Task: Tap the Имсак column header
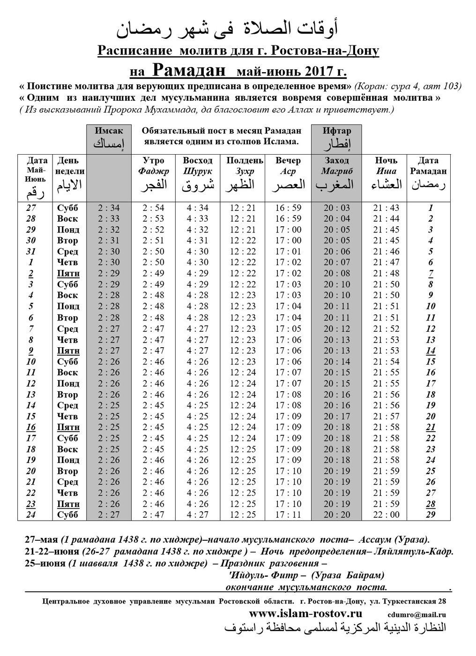tap(109, 131)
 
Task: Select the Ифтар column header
tap(337, 131)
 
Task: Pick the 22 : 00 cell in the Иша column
tap(386, 515)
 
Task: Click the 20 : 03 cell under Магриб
tap(337, 208)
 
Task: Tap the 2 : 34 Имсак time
tap(109, 208)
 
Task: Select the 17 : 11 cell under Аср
tap(288, 515)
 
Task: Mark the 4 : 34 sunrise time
tap(198, 208)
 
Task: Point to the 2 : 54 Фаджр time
tap(154, 208)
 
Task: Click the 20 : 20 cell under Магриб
tap(337, 515)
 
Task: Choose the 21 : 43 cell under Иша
tap(386, 208)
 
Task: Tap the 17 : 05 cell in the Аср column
tap(288, 328)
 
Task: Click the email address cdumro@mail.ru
tap(416, 615)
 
